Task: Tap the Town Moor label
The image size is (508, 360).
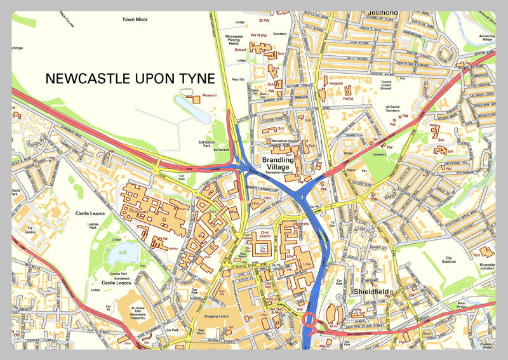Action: tap(135, 20)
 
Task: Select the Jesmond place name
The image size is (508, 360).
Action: tap(383, 12)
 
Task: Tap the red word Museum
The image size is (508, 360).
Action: tap(209, 95)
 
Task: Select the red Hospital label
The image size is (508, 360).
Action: tap(335, 83)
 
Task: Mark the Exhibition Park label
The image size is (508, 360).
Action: tap(207, 145)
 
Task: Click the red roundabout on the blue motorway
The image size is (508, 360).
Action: tap(311, 319)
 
